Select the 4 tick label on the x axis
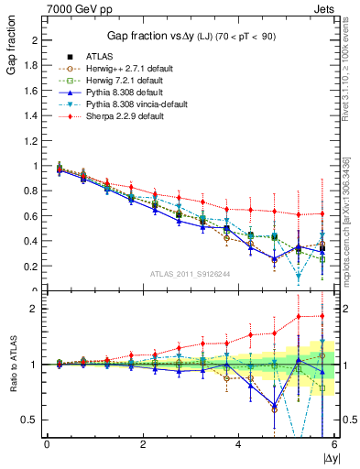239,444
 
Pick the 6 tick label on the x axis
334,444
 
